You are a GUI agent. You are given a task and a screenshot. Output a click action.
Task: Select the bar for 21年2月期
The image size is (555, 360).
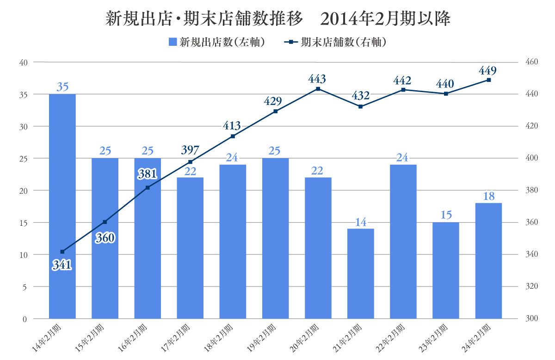click(361, 273)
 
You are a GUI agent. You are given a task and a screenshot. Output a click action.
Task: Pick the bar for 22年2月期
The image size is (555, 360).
click(403, 241)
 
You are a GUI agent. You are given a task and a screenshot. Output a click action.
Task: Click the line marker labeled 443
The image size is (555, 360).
click(318, 89)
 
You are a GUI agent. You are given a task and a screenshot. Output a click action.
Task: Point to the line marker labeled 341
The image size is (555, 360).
click(62, 252)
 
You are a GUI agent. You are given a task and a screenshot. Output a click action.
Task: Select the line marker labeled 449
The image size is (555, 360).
click(488, 80)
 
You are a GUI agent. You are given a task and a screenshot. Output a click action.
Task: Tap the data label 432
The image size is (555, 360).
click(361, 96)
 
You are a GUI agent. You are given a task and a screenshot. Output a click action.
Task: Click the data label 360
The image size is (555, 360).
click(105, 238)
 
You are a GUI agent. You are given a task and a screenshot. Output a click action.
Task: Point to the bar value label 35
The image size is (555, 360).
click(62, 87)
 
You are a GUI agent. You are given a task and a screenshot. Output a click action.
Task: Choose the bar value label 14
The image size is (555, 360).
click(361, 222)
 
